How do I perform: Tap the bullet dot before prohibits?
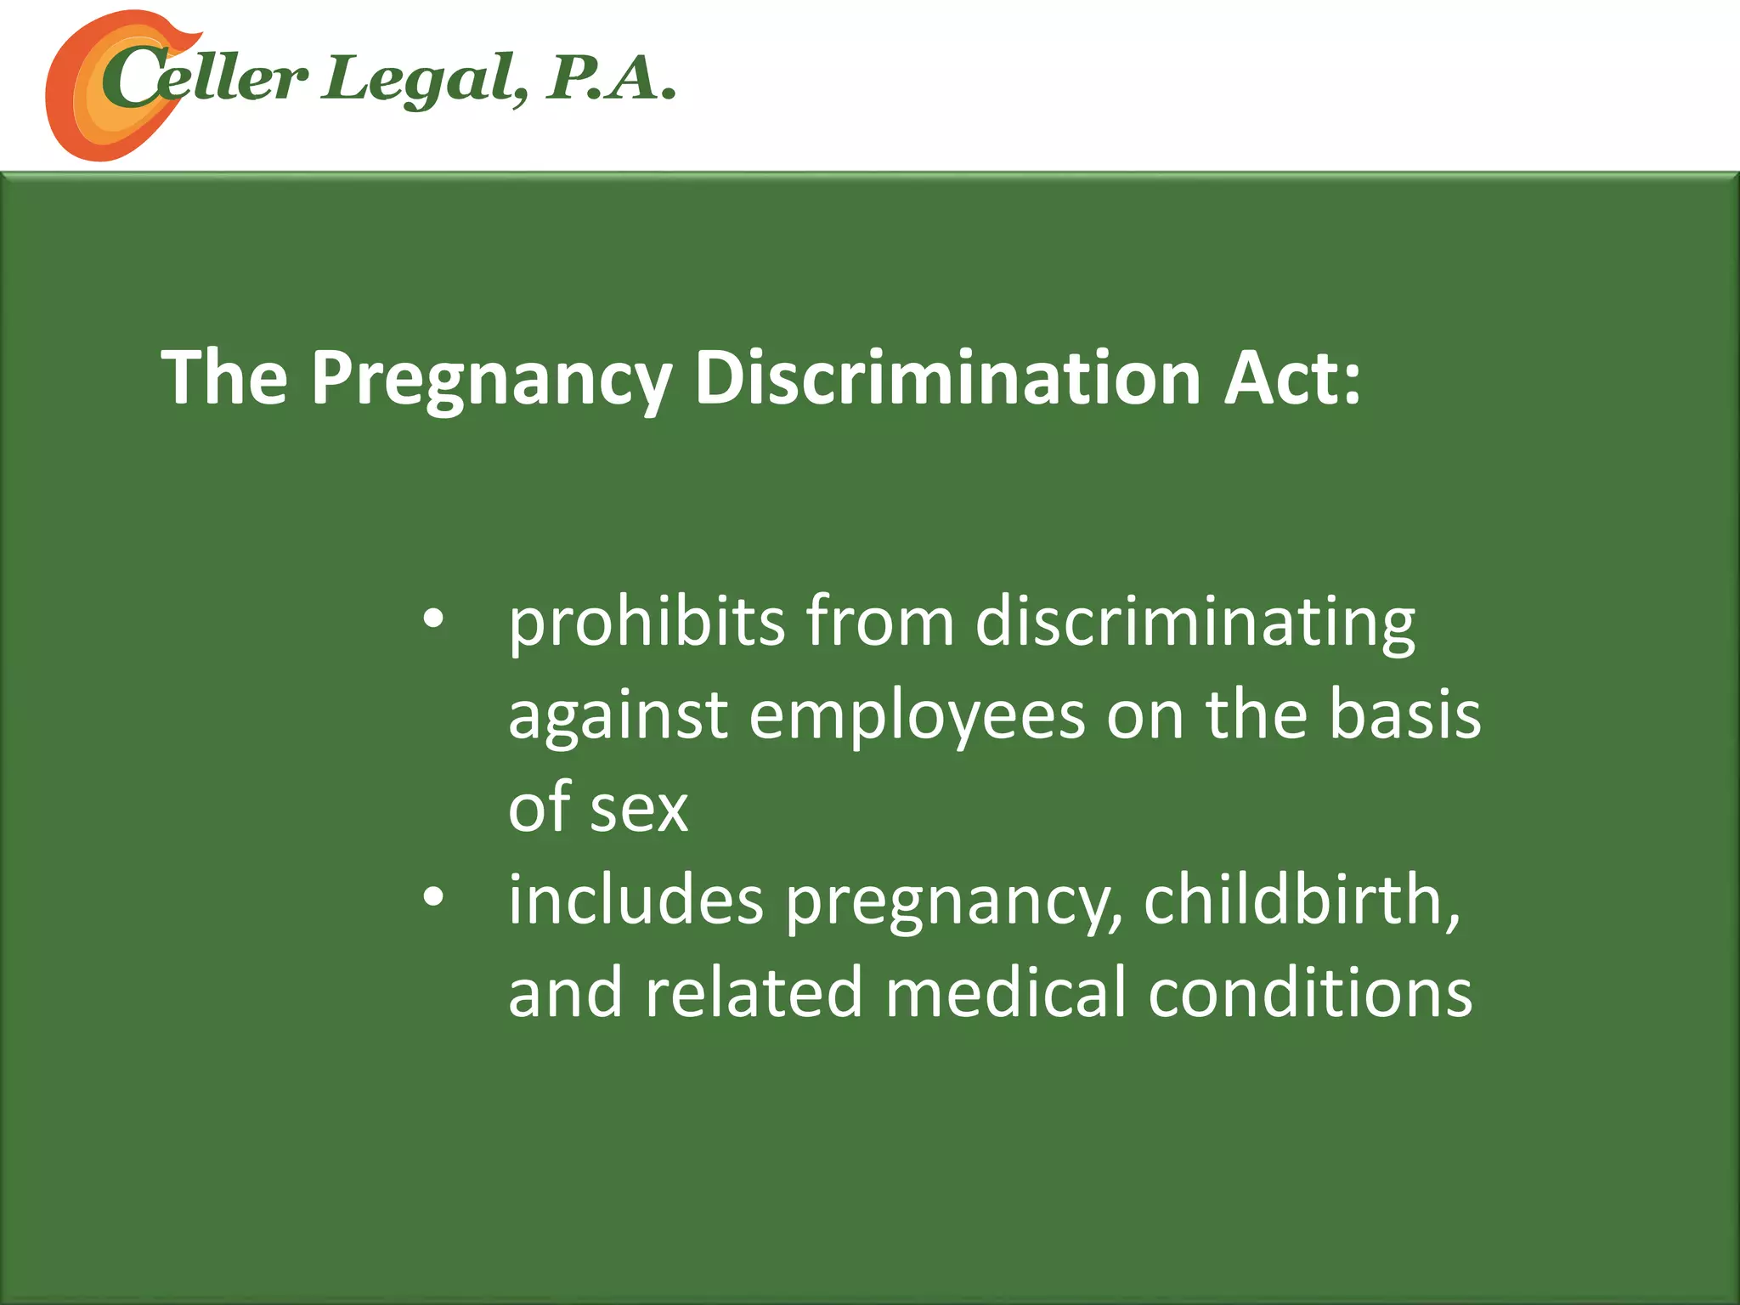click(x=433, y=620)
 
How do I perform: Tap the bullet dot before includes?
click(x=433, y=898)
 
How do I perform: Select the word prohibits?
click(x=646, y=622)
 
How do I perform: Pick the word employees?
click(x=917, y=716)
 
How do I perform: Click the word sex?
click(x=639, y=808)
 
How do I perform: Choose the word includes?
click(x=636, y=900)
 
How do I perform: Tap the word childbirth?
click(x=1300, y=900)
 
